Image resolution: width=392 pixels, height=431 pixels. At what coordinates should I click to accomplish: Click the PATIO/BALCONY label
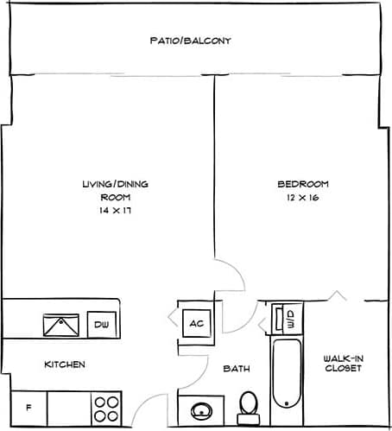(x=190, y=41)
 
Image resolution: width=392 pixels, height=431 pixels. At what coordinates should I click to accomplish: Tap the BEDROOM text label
(x=302, y=184)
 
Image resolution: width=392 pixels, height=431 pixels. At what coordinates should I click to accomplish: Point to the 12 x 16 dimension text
(x=302, y=198)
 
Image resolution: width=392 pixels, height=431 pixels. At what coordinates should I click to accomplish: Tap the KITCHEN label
(x=65, y=364)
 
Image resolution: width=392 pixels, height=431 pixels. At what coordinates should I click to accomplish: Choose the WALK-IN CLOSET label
(x=342, y=364)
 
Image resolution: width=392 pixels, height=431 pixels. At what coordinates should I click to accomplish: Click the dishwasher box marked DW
(x=100, y=325)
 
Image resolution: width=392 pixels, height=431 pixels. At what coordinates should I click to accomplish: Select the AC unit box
(x=196, y=323)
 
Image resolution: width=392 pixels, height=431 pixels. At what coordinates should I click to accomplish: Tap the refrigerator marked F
(x=28, y=406)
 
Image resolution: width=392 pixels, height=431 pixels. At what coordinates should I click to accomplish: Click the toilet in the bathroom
(x=249, y=405)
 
